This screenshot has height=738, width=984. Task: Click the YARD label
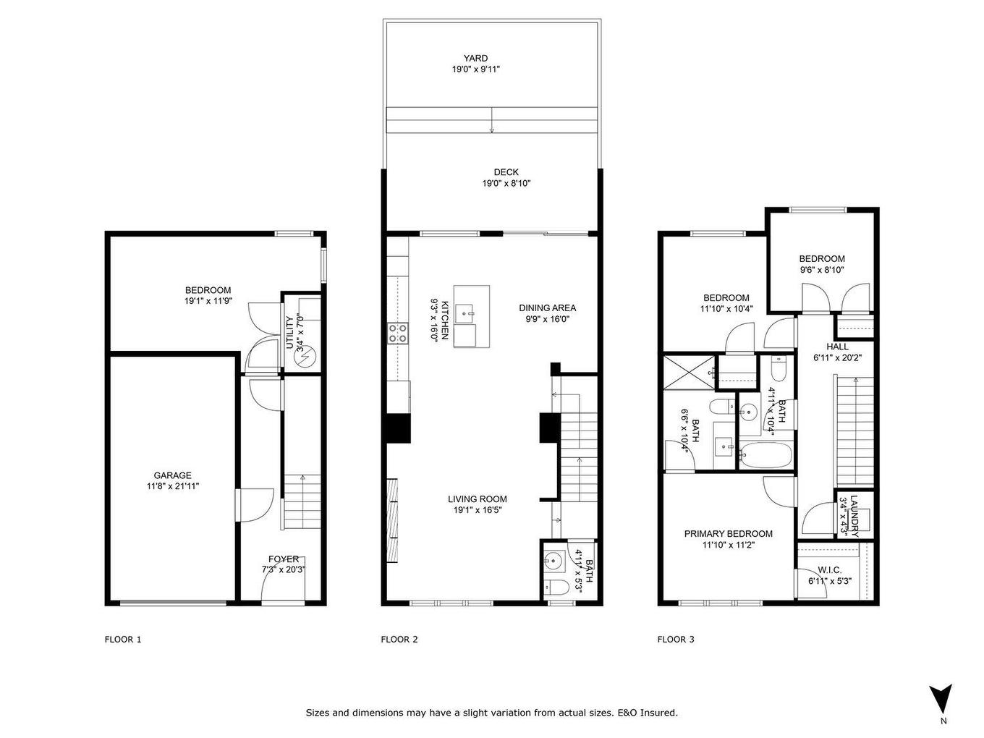(475, 59)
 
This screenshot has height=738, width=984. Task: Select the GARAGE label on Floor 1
(172, 475)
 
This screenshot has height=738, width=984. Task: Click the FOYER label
(284, 559)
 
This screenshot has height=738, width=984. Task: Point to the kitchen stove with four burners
(397, 333)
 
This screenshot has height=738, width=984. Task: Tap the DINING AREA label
(547, 307)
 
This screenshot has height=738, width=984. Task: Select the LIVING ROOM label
(477, 499)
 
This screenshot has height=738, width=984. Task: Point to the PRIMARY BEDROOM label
(728, 534)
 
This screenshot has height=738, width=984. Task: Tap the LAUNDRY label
(854, 514)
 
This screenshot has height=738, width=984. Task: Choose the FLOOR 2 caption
(399, 639)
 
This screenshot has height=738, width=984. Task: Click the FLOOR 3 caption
(676, 639)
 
